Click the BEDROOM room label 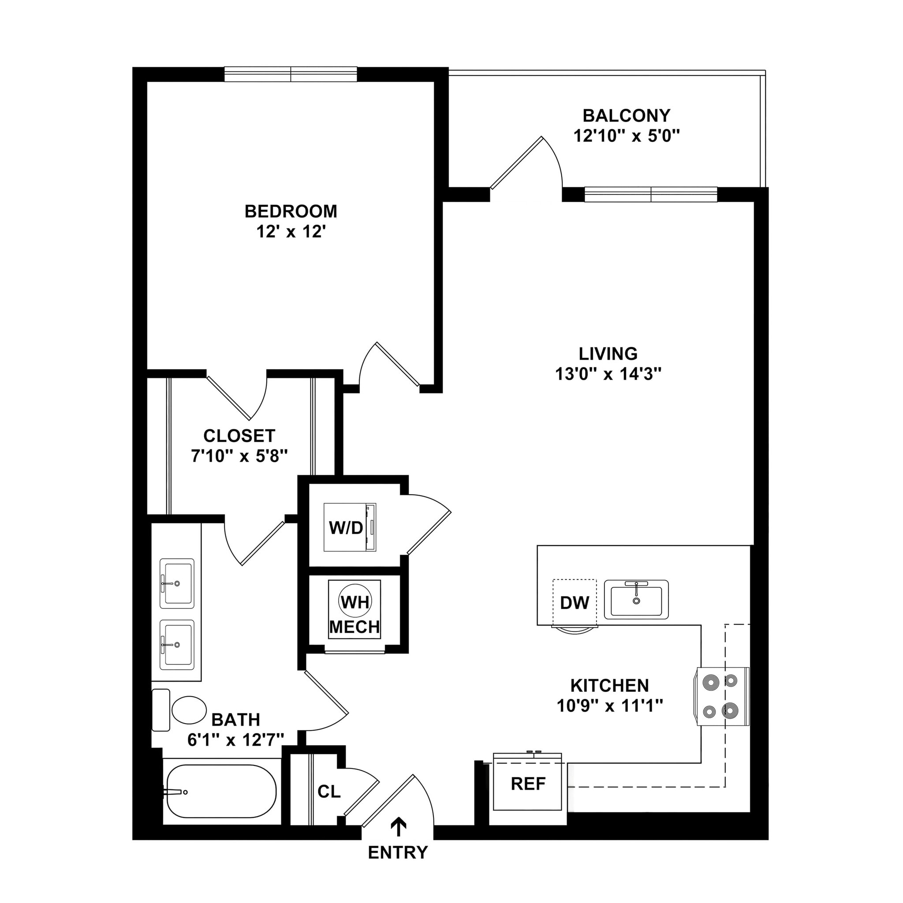coord(291,211)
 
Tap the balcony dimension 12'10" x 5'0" coord(626,136)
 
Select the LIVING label coord(608,354)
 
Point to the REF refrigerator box coord(528,784)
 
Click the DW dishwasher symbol coord(575,603)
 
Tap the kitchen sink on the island coord(636,600)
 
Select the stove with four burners coord(721,696)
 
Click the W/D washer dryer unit coord(350,527)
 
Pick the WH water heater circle coord(355,602)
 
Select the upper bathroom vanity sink coord(177,583)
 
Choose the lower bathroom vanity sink coord(177,645)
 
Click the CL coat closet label coord(329,792)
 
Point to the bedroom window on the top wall coord(291,75)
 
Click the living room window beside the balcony coord(651,194)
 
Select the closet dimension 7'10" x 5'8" coord(239,456)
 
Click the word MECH coord(354,627)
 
